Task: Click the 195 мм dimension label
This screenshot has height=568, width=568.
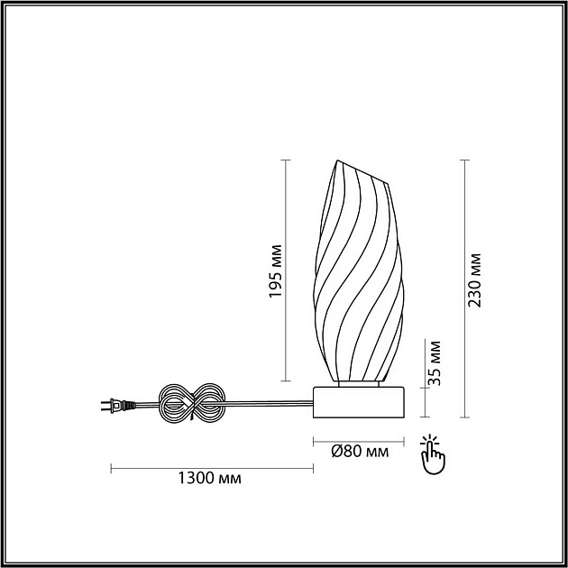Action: point(275,271)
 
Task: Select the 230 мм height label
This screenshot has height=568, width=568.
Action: point(474,280)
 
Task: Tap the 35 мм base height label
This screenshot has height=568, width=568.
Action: point(435,363)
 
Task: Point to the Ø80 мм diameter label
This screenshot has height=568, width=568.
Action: point(360,452)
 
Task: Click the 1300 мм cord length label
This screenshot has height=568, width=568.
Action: point(209,478)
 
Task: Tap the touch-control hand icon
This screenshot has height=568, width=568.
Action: point(432,453)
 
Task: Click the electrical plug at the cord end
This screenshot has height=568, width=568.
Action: point(118,406)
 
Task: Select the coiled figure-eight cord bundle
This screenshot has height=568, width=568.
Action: point(192,403)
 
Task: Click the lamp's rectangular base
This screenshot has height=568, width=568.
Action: point(359,402)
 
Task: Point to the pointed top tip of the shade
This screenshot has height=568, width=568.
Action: point(337,160)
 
